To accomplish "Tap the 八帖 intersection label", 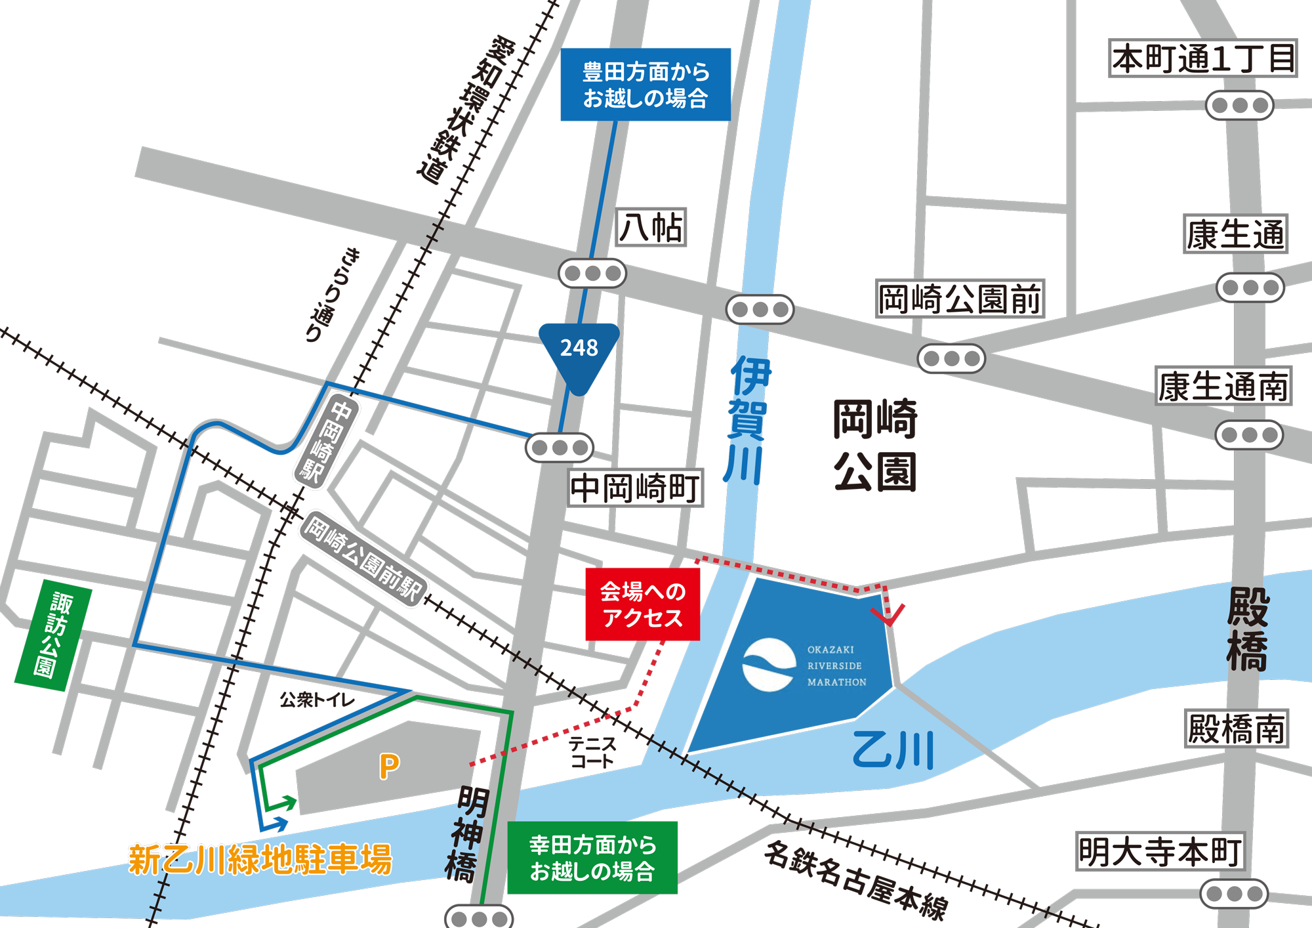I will pyautogui.click(x=651, y=228).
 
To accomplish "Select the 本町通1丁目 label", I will pyautogui.click(x=1203, y=58).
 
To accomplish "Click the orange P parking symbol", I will pyautogui.click(x=389, y=766).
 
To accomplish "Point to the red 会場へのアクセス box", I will pyautogui.click(x=642, y=604).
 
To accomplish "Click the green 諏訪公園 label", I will pyautogui.click(x=52, y=635).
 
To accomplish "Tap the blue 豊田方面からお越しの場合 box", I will pyautogui.click(x=646, y=85).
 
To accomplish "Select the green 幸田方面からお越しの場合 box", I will pyautogui.click(x=592, y=857).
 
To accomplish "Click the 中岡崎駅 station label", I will pyautogui.click(x=326, y=441).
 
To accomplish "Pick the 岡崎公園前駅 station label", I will pyautogui.click(x=363, y=559).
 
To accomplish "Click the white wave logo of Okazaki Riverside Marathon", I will pyautogui.click(x=769, y=665).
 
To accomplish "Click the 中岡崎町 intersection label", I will pyautogui.click(x=635, y=488).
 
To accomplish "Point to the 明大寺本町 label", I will pyautogui.click(x=1160, y=851).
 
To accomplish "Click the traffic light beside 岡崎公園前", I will pyautogui.click(x=951, y=358).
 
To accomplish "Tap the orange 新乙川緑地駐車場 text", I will pyautogui.click(x=260, y=859).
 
